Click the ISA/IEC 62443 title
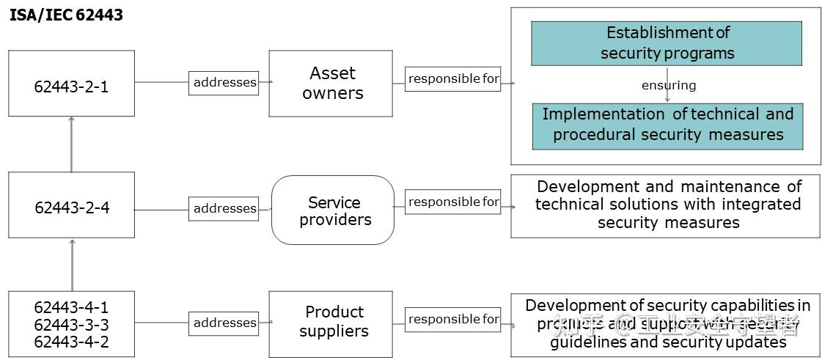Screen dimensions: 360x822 [x=66, y=15]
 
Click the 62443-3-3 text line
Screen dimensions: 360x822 [x=71, y=324]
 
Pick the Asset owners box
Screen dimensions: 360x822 [x=331, y=83]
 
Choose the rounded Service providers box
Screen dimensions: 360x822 [x=333, y=210]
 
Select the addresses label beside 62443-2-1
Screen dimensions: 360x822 [x=224, y=82]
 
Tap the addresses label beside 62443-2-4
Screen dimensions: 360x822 [x=224, y=209]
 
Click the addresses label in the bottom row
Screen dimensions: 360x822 [x=224, y=323]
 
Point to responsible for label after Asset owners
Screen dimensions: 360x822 [x=453, y=78]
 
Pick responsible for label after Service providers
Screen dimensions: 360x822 [x=453, y=202]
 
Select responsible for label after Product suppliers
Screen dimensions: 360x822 [x=453, y=319]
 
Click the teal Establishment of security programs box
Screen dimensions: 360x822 [x=666, y=43]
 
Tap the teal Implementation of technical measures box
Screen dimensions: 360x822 [x=667, y=125]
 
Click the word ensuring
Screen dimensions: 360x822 [x=668, y=85]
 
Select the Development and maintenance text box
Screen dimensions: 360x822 [x=665, y=205]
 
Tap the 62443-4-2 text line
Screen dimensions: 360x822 [x=71, y=341]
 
